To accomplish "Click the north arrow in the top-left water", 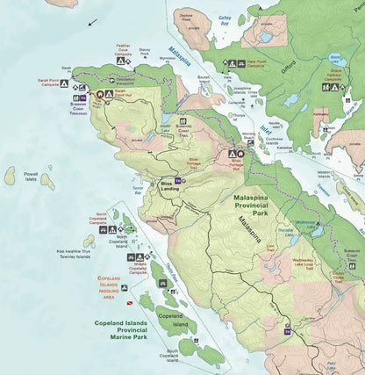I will pyautogui.click(x=93, y=21).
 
